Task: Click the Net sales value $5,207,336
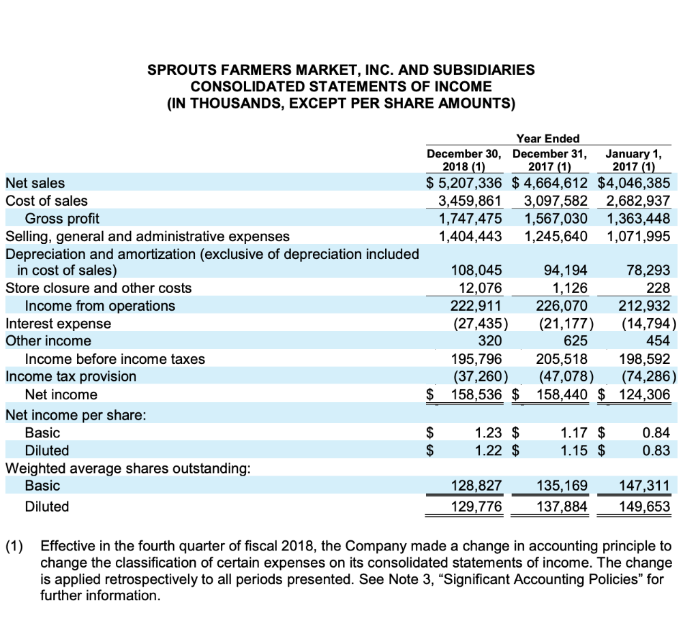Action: point(464,183)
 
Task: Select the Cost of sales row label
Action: point(46,200)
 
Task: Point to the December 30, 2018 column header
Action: point(464,160)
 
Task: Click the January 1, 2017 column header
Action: point(639,160)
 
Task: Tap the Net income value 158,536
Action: point(472,395)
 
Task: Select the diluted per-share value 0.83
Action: point(656,450)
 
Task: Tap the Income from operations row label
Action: point(100,305)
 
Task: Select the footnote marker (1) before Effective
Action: point(16,546)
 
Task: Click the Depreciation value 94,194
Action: point(566,270)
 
